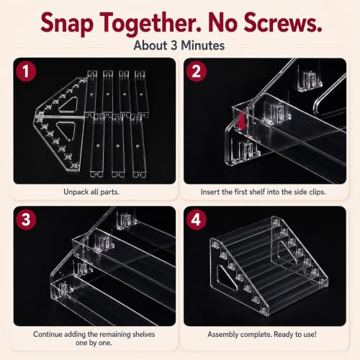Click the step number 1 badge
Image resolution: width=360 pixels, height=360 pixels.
[x=26, y=71]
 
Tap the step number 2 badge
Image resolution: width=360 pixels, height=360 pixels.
[x=197, y=71]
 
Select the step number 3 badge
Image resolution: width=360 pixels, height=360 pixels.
[x=26, y=220]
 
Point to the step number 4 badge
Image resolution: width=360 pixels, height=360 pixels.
[x=197, y=220]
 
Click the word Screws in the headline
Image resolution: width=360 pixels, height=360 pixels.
[x=283, y=23]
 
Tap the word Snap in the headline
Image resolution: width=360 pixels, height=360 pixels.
[x=67, y=24]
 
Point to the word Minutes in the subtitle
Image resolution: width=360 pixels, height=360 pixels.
[x=203, y=45]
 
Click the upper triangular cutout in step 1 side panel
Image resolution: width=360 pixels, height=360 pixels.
[x=68, y=104]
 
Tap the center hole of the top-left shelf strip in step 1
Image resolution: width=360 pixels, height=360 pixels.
[x=91, y=94]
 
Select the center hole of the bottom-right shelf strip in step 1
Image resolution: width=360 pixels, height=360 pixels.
[x=138, y=145]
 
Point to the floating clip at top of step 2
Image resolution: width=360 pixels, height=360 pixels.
[x=310, y=81]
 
